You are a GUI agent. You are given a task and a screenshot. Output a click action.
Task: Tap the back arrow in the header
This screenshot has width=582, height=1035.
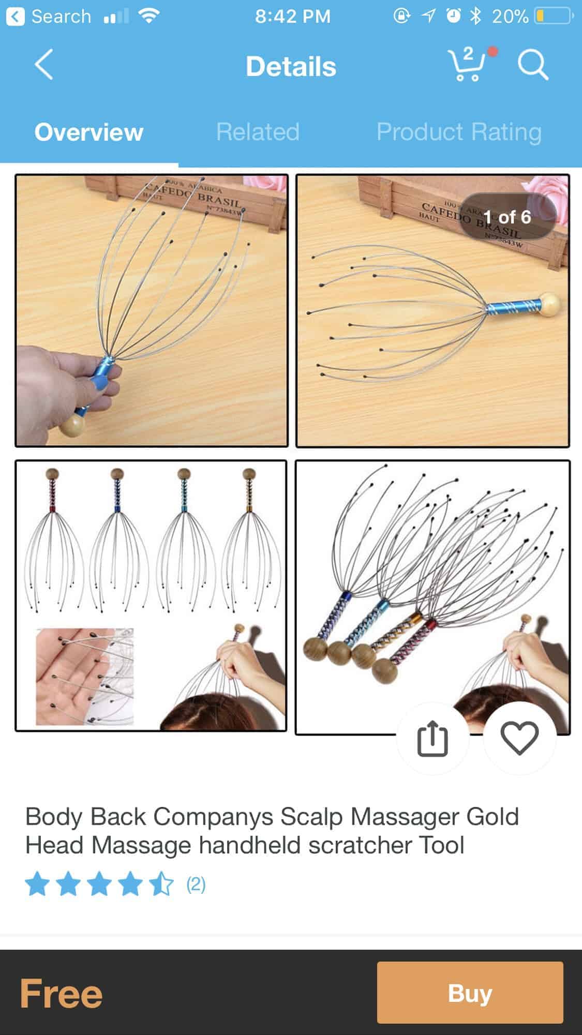pos(44,65)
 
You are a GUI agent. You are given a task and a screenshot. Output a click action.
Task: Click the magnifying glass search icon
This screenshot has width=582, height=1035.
pos(533,65)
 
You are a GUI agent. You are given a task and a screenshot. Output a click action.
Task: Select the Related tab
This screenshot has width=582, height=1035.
pos(258,132)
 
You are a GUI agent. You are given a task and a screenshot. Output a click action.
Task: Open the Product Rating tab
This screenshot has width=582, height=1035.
pos(459,132)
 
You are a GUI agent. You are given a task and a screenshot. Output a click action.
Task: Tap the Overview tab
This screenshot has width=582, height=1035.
pos(89,132)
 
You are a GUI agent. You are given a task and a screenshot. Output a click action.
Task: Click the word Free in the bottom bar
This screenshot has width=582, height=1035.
pos(61,993)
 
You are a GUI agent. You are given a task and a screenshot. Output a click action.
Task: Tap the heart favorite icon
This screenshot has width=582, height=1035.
pos(519,738)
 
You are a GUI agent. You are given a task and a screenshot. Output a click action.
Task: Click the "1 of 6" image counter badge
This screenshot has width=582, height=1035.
pos(507,217)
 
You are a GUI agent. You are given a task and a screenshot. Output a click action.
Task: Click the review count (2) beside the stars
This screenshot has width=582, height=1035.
pos(196,884)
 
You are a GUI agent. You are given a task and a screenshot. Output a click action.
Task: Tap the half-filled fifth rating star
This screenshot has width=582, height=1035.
pos(162,884)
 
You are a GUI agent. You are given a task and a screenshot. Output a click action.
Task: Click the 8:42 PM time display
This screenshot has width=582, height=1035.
pos(292,17)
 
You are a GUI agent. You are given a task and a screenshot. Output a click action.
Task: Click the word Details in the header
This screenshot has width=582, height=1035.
pos(291,67)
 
